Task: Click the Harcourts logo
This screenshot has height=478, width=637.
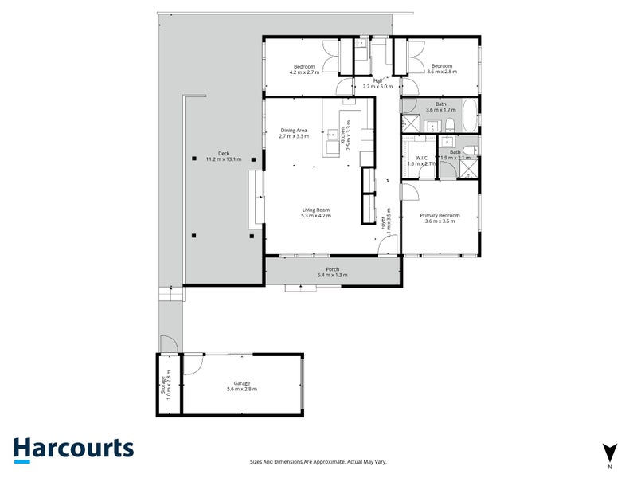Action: point(73,449)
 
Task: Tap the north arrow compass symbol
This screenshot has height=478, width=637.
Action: point(609,450)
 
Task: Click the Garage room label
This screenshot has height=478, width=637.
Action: point(242,386)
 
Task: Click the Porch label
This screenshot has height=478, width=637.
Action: point(332,272)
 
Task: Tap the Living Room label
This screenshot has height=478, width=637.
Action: point(315,213)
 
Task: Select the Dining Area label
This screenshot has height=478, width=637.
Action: point(293,133)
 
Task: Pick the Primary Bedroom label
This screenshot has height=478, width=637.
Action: point(440,217)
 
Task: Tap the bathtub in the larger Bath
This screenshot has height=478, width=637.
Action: point(468,116)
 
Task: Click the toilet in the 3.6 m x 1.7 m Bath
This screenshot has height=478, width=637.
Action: point(448,123)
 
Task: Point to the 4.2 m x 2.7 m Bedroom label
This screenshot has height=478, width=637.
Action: point(304,69)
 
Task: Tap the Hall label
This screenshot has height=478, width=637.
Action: point(378,83)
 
